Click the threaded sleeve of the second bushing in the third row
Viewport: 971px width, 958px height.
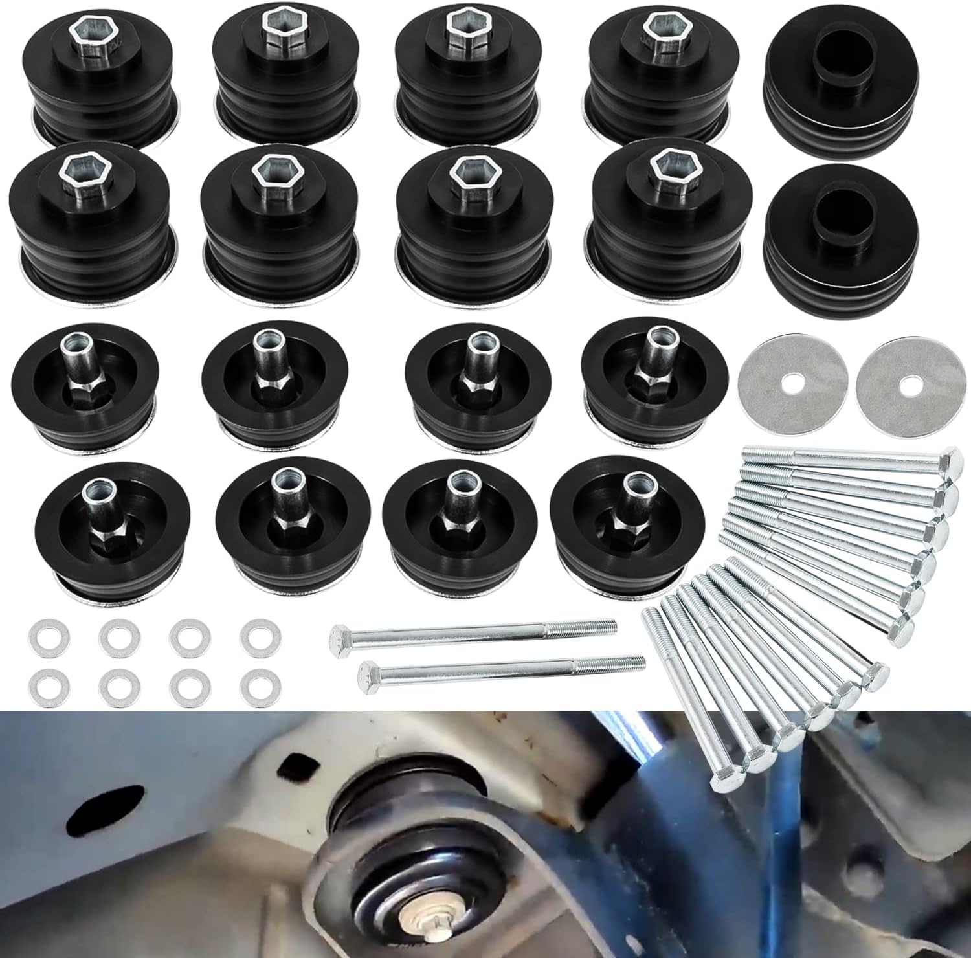(x=263, y=350)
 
